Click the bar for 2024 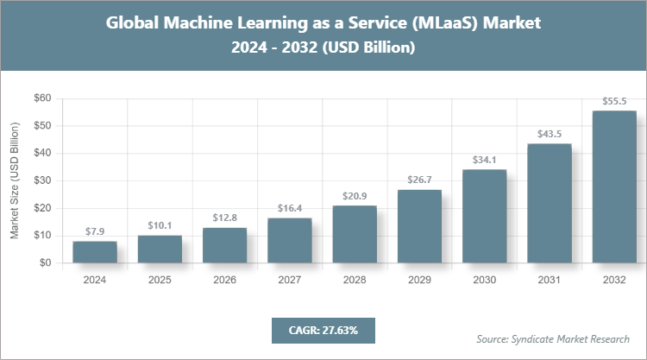click(95, 252)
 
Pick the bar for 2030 click(484, 216)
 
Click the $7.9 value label click(95, 231)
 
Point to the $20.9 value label click(355, 196)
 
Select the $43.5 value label click(550, 134)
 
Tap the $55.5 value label click(614, 101)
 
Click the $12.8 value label click(224, 218)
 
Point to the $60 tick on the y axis click(41, 98)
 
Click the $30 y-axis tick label click(41, 180)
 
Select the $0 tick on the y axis click(45, 262)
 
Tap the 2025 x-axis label click(160, 280)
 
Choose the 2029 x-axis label click(419, 280)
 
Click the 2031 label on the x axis click(550, 280)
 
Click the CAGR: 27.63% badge click(323, 330)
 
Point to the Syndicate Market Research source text click(553, 338)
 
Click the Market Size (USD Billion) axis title click(15, 180)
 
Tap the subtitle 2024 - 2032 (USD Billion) click(323, 48)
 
